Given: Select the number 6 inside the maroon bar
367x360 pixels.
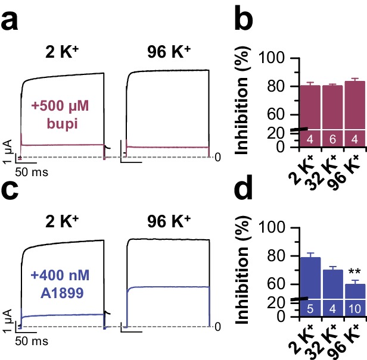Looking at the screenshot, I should point(332,139).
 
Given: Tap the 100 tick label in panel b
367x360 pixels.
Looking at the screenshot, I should point(280,58).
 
